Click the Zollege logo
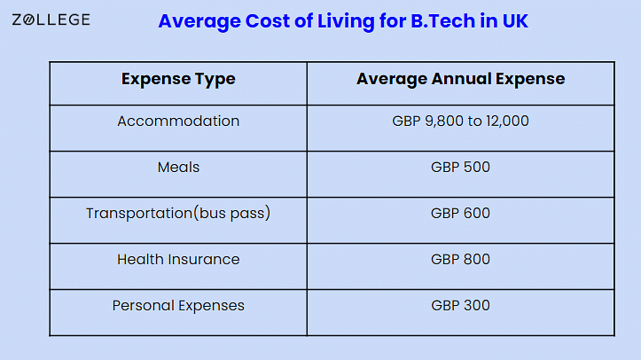51,20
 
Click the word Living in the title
346,21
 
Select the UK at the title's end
515,21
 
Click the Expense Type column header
178,79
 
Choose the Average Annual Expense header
460,79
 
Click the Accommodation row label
178,121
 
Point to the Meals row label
178,167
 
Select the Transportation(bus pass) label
178,214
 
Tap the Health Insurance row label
178,260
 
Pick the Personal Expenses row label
178,306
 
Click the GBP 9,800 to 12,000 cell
460,121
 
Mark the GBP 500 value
460,167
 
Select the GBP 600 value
460,214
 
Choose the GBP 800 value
460,260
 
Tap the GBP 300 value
460,306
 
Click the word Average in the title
199,21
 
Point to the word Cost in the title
268,21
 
